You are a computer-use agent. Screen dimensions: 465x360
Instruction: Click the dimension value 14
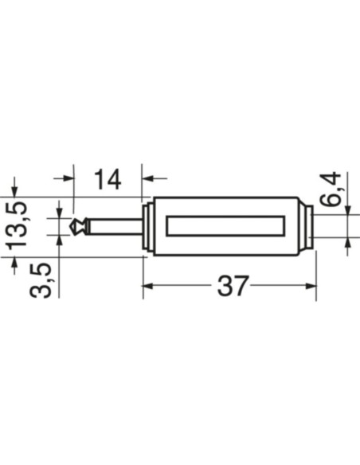pyautogui.click(x=108, y=179)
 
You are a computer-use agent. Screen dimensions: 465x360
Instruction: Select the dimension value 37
pyautogui.click(x=233, y=285)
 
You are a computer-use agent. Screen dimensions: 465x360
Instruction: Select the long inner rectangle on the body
pyautogui.click(x=225, y=226)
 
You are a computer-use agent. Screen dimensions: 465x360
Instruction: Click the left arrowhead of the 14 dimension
pyautogui.click(x=68, y=179)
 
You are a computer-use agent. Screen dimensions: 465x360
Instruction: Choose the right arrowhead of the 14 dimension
pyautogui.click(x=148, y=179)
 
